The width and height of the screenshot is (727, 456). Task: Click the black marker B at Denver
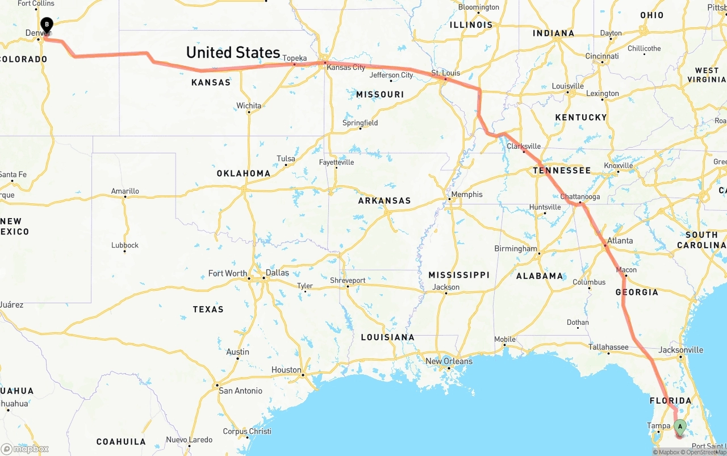[47, 26]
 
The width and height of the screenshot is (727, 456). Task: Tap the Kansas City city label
[346, 68]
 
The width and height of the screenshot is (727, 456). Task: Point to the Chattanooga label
[580, 197]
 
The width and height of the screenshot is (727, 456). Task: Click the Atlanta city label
[620, 241]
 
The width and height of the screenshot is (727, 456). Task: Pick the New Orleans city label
[448, 361]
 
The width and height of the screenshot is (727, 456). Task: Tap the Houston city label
[286, 370]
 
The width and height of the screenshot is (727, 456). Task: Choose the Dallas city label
[277, 273]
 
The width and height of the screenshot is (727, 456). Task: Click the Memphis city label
[466, 195]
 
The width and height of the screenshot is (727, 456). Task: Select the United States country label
[233, 53]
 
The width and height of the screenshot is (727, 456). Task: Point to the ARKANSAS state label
[384, 200]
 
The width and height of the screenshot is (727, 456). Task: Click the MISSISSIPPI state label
[459, 275]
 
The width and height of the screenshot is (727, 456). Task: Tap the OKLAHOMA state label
[243, 173]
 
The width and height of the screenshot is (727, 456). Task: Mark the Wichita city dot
[249, 112]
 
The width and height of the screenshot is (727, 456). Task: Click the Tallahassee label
[608, 347]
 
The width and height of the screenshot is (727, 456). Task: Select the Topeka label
[294, 58]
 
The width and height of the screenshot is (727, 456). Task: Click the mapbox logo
[25, 449]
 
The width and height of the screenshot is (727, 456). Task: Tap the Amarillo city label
[125, 191]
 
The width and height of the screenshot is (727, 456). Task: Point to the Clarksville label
[524, 146]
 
